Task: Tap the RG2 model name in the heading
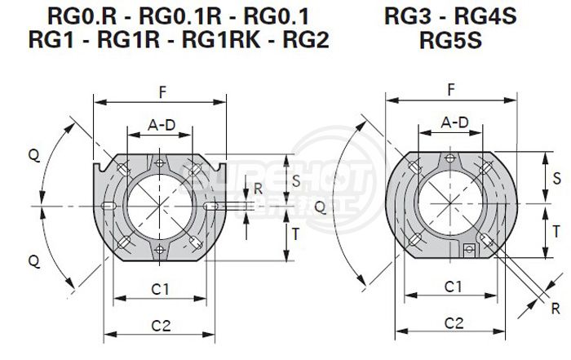point(303,40)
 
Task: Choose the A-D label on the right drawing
point(454,123)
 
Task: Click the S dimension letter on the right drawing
point(556,177)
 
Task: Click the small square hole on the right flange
point(469,248)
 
